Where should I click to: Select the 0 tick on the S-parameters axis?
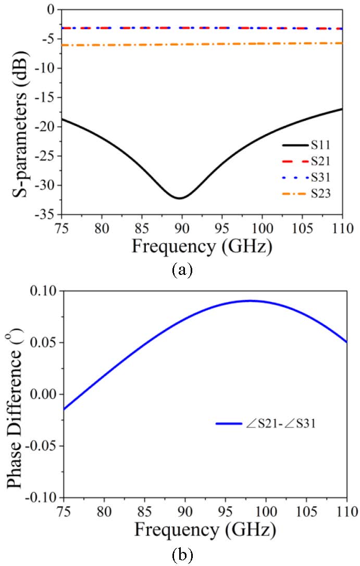[x=50, y=10]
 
